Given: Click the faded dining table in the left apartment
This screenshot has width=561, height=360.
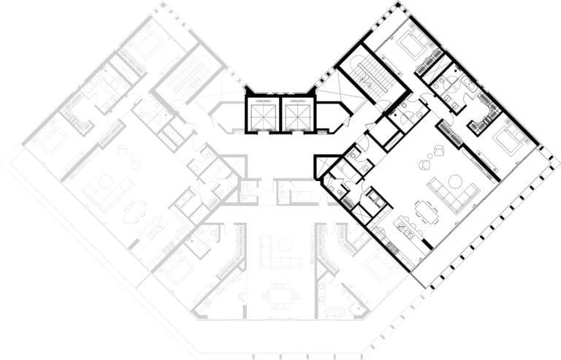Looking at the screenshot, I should pos(134,212).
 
